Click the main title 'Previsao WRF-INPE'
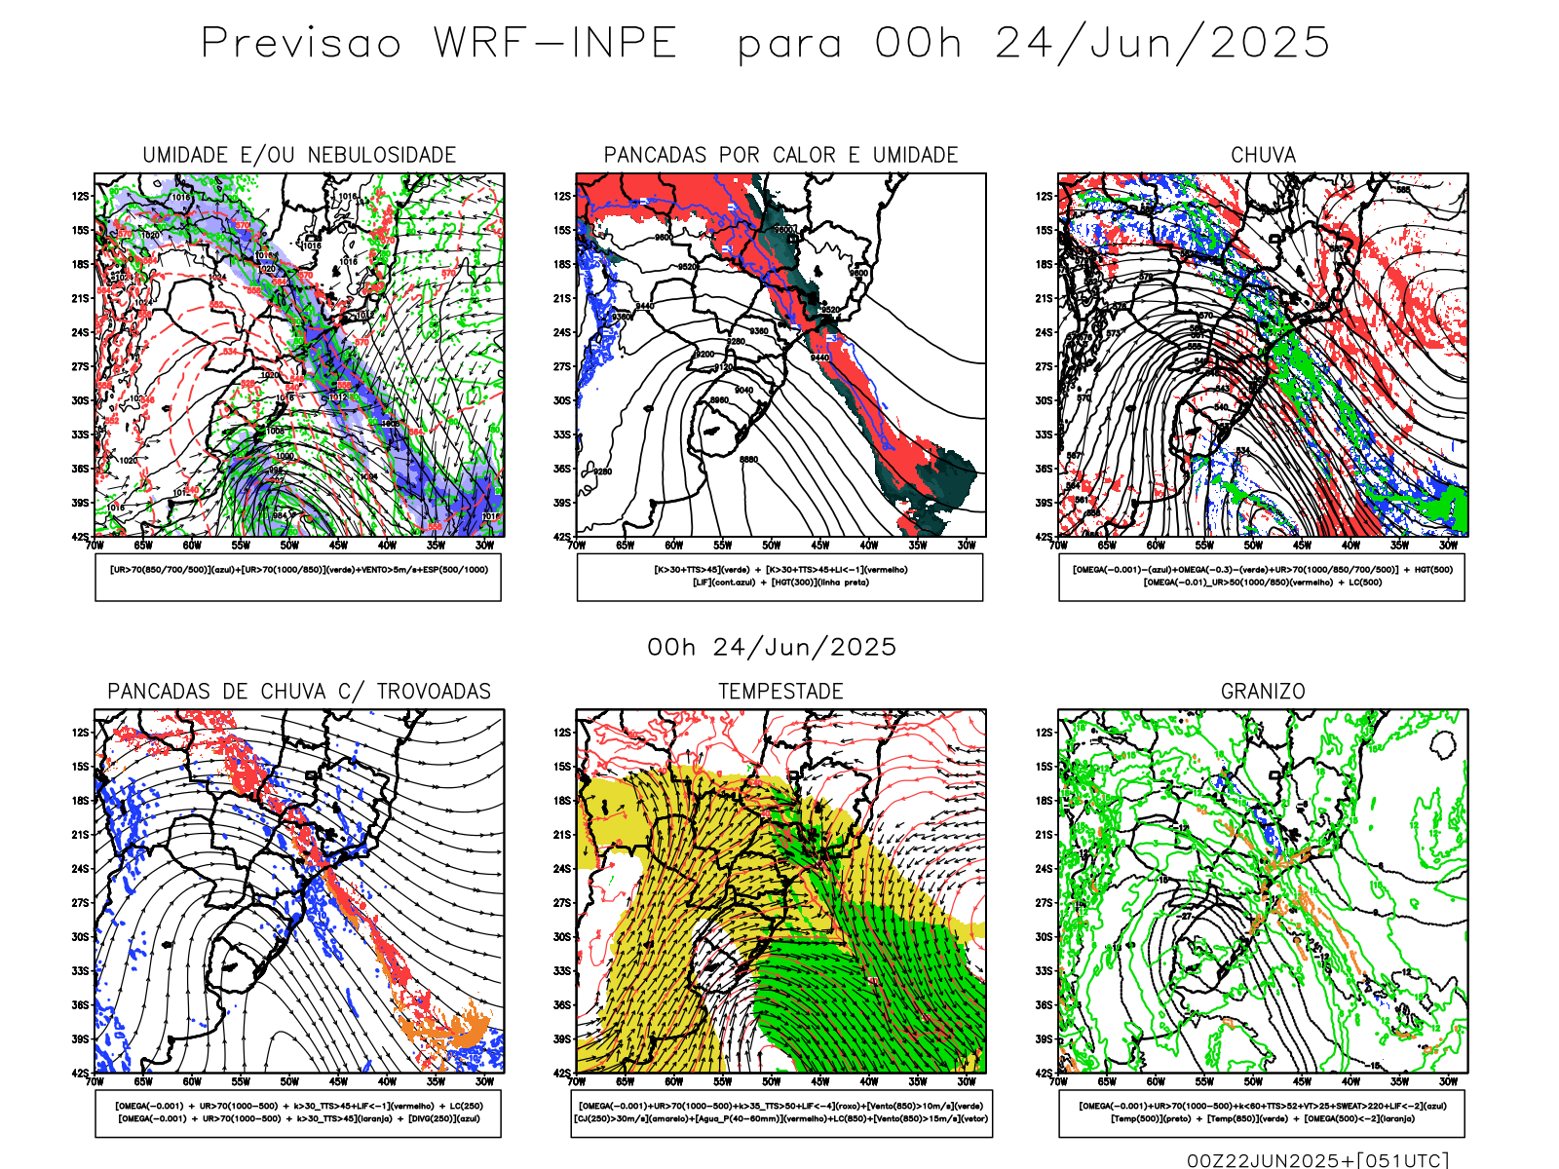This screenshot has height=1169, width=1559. tap(438, 44)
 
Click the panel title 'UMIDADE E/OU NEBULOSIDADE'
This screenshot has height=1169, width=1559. tap(299, 155)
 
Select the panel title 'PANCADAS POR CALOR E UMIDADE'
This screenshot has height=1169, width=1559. tap(780, 155)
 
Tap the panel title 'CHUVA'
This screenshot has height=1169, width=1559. tap(1263, 155)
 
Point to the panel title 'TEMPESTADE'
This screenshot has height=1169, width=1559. tap(780, 692)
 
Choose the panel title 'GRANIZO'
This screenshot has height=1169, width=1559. tap(1263, 692)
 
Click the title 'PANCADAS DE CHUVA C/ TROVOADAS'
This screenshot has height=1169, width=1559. tap(299, 692)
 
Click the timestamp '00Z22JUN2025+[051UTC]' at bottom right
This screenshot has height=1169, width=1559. tap(1317, 1159)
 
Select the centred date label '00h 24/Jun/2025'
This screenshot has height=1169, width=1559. tap(772, 647)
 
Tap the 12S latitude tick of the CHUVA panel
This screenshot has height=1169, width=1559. tap(1045, 197)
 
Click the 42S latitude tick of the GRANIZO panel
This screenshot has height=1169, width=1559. tap(1045, 1073)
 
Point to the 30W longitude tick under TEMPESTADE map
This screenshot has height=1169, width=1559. tap(966, 1081)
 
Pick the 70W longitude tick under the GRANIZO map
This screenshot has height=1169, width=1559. tap(1059, 1081)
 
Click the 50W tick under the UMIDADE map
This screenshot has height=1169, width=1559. tap(289, 546)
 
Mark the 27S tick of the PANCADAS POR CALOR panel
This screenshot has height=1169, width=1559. tap(562, 366)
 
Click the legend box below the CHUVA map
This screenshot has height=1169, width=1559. tap(1262, 577)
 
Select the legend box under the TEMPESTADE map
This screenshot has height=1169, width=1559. tap(780, 1112)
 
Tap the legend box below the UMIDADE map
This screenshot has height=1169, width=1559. tap(298, 577)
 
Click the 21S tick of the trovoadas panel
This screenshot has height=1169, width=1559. tap(80, 835)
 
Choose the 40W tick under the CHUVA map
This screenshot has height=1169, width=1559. tap(1350, 546)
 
